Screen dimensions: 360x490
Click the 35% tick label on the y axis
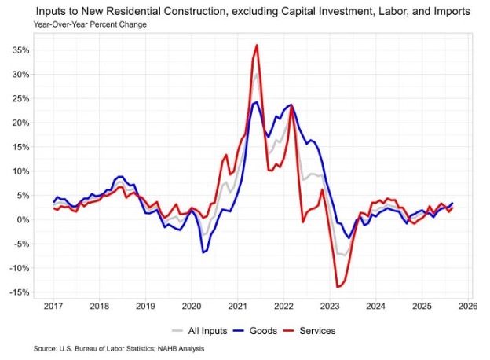(20, 50)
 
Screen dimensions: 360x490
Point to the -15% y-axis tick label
(20, 292)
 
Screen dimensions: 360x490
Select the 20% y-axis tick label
(20, 123)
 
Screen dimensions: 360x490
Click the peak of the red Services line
(257, 46)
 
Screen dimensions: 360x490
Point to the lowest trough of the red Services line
(338, 287)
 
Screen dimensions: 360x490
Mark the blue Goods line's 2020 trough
(204, 252)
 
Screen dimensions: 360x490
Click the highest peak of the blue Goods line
(257, 102)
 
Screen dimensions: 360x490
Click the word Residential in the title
(149, 13)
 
